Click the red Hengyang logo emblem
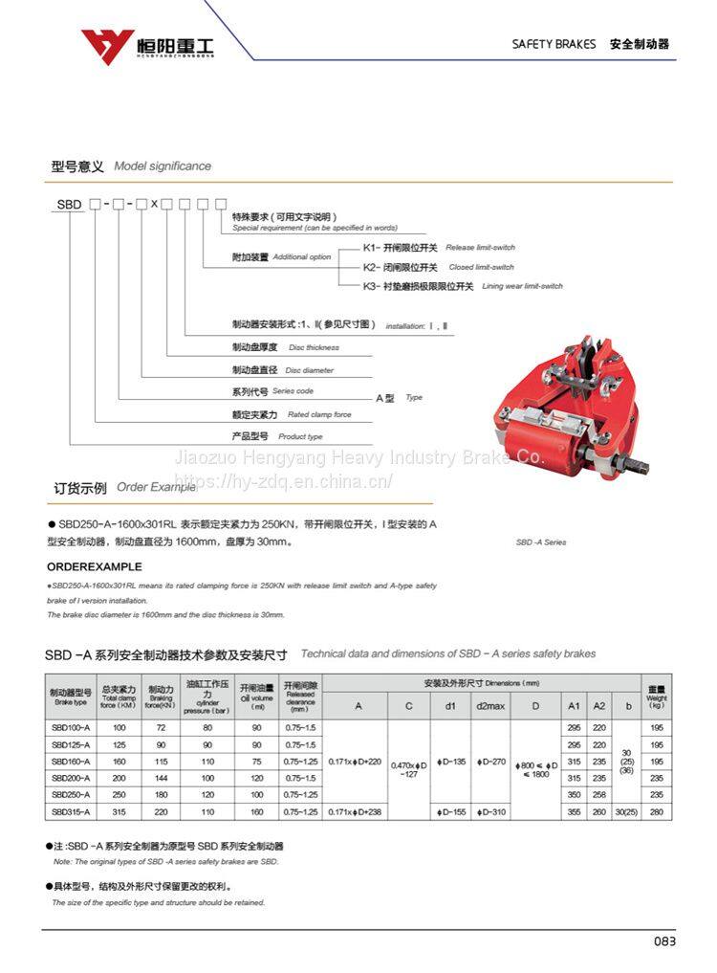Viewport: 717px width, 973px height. (x=107, y=43)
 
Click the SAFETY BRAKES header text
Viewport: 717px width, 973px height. (x=554, y=44)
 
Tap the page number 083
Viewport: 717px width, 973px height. (x=664, y=940)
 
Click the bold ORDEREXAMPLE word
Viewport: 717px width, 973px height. (x=95, y=566)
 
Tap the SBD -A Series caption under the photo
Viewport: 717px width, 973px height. (x=541, y=542)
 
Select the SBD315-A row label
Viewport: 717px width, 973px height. (x=71, y=811)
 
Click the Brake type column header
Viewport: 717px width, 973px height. (x=71, y=697)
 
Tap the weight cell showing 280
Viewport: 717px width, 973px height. (x=656, y=811)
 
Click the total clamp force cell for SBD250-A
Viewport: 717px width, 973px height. (x=119, y=794)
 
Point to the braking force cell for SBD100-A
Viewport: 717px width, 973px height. (x=161, y=728)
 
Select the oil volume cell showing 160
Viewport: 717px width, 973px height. (x=256, y=811)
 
